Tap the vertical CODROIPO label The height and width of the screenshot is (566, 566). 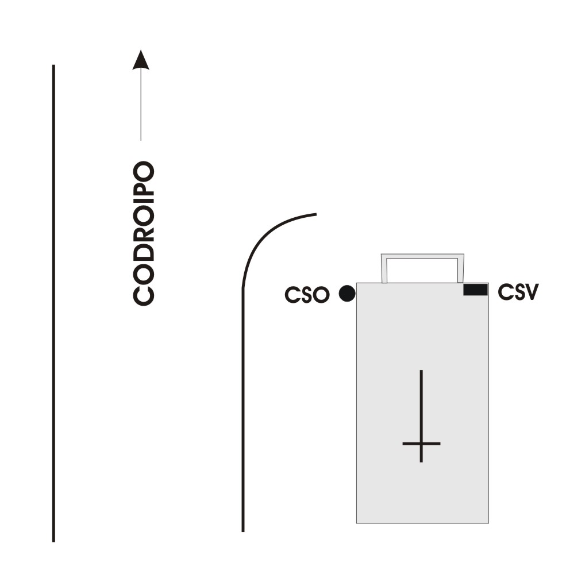(x=144, y=233)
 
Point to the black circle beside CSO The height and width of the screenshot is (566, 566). (x=346, y=294)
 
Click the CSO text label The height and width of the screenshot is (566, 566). (x=307, y=295)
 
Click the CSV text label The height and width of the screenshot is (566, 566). (x=518, y=292)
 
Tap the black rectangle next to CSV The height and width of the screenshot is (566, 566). (x=475, y=290)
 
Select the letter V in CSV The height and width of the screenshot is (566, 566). (x=531, y=292)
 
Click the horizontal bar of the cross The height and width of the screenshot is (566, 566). (x=421, y=444)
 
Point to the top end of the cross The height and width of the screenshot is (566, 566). (x=421, y=372)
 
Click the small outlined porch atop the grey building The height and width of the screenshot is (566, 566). (x=422, y=268)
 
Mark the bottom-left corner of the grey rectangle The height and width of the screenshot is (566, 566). (x=357, y=522)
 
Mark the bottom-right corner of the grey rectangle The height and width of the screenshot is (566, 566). (x=488, y=522)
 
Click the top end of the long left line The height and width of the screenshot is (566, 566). (x=53, y=66)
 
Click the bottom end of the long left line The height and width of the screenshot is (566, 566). (x=53, y=540)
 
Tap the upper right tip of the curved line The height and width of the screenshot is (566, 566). (x=315, y=214)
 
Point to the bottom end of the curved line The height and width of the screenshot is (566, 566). (x=242, y=530)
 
